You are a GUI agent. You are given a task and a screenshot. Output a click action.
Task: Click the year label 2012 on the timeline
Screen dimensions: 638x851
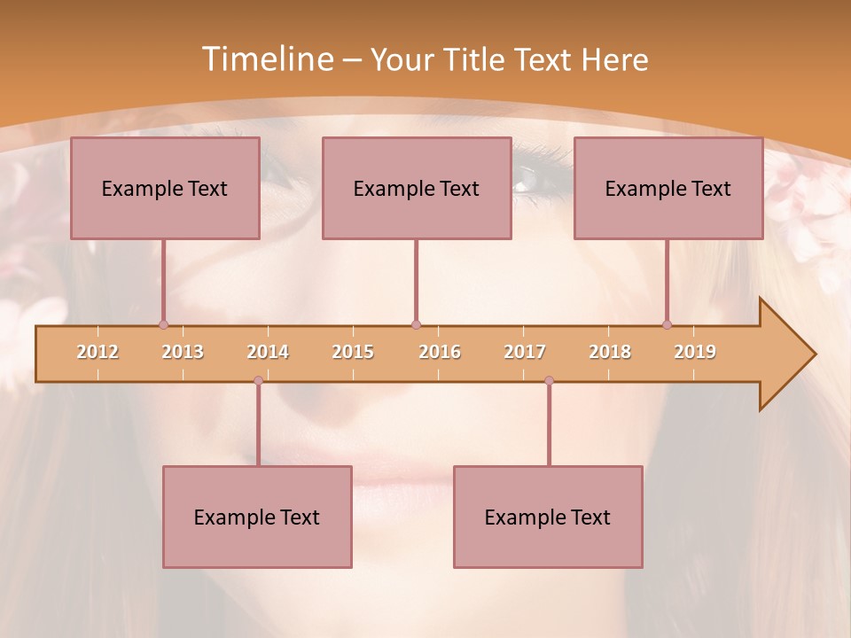(x=98, y=352)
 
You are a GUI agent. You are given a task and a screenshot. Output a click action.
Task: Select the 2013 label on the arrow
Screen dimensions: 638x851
(x=183, y=352)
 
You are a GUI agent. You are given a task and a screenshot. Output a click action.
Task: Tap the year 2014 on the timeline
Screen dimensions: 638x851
(x=268, y=352)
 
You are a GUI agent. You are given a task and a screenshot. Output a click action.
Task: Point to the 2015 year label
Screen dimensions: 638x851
(x=353, y=352)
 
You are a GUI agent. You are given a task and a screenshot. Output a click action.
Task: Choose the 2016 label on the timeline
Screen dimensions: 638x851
(x=440, y=352)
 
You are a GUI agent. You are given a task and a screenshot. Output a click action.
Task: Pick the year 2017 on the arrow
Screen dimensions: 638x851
(x=525, y=352)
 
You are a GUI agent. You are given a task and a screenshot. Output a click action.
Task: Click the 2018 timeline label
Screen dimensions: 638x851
(x=610, y=352)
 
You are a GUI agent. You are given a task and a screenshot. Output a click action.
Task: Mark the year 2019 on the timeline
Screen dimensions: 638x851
(x=695, y=352)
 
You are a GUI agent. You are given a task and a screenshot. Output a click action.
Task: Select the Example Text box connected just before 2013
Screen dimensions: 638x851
(x=165, y=188)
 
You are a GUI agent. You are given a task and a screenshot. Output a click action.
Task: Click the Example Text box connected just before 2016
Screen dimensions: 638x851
(x=417, y=188)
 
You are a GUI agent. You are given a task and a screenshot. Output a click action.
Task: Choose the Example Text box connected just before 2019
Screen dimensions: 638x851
(x=668, y=188)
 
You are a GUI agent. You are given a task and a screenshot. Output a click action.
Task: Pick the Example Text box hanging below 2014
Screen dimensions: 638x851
(x=257, y=517)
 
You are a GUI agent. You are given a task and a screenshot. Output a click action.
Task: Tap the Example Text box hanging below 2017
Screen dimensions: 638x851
(x=548, y=517)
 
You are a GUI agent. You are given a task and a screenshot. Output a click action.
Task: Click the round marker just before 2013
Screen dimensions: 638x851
(x=163, y=324)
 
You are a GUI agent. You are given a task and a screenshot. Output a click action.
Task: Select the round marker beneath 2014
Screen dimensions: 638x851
(x=258, y=380)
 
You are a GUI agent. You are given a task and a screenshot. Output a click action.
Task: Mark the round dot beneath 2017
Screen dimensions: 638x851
(x=549, y=380)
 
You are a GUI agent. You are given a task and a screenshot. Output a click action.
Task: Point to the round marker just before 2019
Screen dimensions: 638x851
(x=667, y=324)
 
